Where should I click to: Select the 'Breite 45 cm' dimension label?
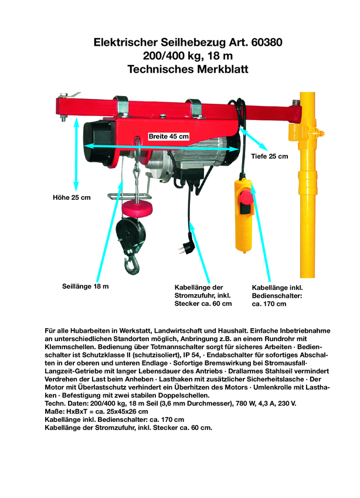click(169, 136)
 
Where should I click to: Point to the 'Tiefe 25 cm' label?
click(270, 156)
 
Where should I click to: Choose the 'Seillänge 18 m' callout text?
click(86, 286)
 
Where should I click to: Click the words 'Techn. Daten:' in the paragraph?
click(64, 404)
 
